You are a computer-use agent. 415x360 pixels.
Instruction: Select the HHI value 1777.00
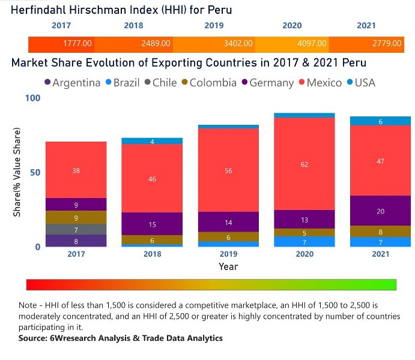tap(77, 44)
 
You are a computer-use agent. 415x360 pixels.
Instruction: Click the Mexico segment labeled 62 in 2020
tap(304, 164)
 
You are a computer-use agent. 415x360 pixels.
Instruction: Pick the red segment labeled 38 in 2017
tap(76, 170)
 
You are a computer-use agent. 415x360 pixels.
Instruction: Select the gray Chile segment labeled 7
tap(76, 229)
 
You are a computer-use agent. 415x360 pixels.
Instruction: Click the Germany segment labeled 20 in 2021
tap(380, 211)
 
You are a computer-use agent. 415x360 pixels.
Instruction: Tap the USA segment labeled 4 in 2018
tap(152, 141)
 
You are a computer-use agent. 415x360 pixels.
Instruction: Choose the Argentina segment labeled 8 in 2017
tap(76, 241)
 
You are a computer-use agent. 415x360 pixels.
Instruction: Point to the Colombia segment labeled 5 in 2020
tap(304, 233)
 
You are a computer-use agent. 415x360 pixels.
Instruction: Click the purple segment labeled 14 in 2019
tap(228, 222)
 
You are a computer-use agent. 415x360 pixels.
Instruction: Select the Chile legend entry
tap(159, 83)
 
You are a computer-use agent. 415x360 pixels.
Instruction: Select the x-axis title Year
tap(228, 266)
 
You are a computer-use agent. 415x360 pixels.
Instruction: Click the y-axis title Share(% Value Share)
tap(17, 172)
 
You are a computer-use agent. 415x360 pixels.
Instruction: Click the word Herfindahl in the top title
tap(36, 10)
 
